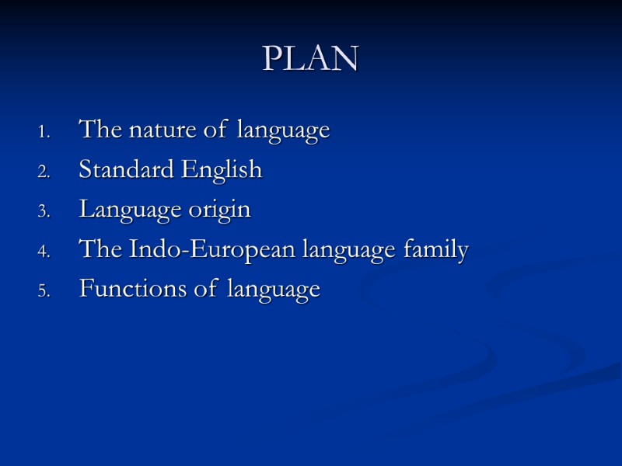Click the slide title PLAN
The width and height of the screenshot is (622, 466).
[x=310, y=58]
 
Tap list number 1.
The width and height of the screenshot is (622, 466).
[x=44, y=131]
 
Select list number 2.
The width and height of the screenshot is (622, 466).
[x=44, y=172]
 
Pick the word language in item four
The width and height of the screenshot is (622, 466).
[x=358, y=251]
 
